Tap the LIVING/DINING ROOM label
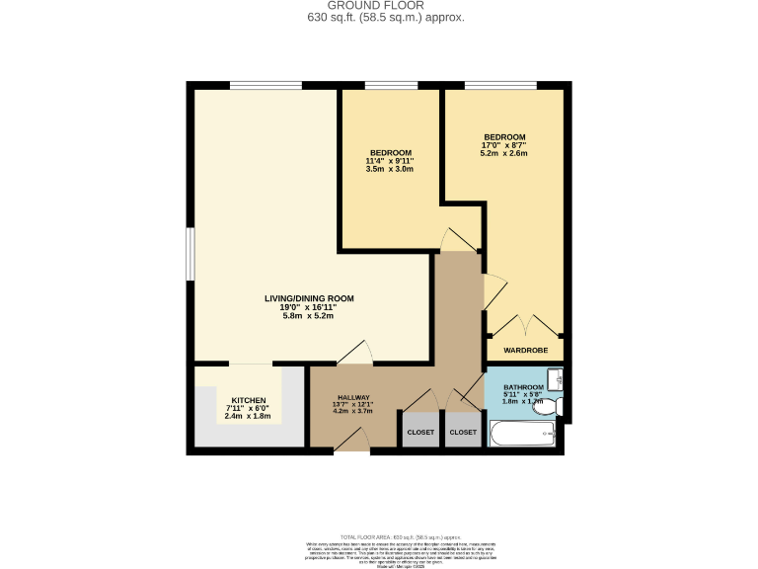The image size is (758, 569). click(x=309, y=298)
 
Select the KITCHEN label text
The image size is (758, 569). click(x=249, y=400)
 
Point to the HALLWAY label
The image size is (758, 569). click(x=353, y=397)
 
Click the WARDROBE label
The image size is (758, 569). click(x=525, y=350)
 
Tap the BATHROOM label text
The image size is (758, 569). click(x=523, y=387)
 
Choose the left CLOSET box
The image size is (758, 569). click(x=420, y=432)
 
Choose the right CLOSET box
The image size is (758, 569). click(x=463, y=432)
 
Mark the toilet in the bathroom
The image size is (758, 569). click(x=547, y=405)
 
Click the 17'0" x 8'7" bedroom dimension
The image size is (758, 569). click(x=503, y=145)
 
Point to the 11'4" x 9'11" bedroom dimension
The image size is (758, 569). click(x=390, y=161)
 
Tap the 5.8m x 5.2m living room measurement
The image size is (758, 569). click(x=309, y=316)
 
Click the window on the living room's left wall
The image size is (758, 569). click(x=190, y=254)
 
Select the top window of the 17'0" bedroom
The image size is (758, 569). click(x=501, y=85)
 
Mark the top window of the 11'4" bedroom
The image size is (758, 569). click(x=390, y=85)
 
